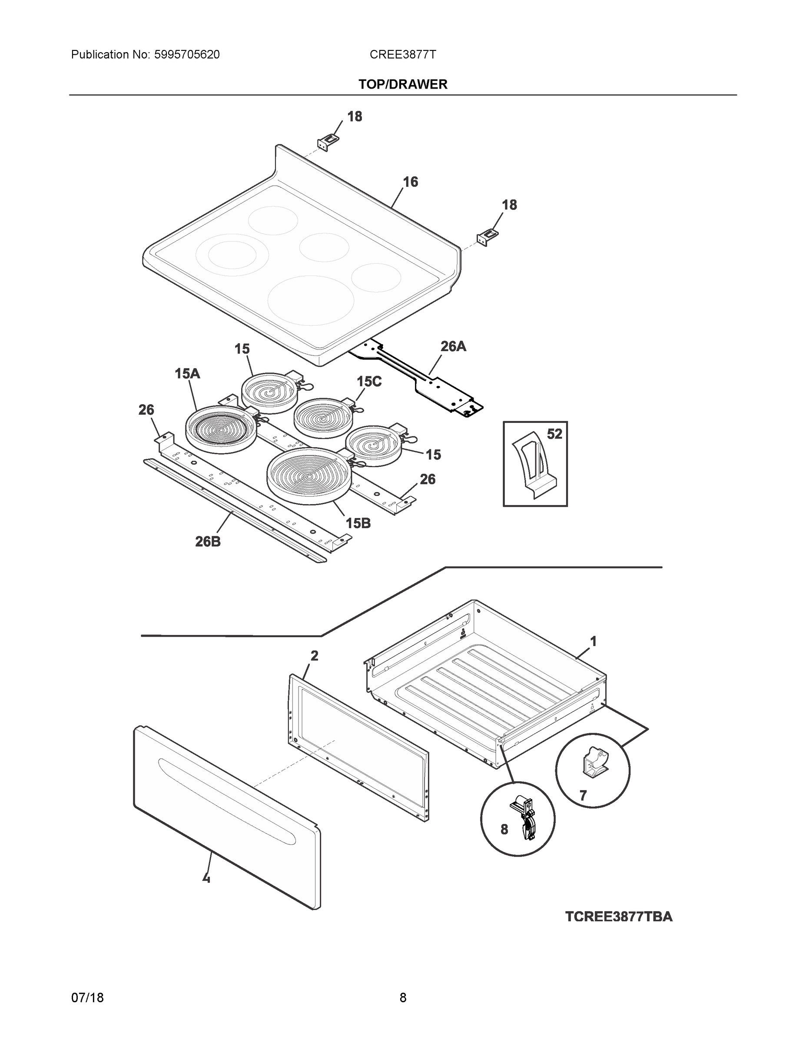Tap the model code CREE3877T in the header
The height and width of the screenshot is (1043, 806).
402,55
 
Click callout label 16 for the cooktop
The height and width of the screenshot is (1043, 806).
410,182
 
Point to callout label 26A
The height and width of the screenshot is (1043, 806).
453,346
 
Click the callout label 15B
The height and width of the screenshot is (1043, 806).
358,523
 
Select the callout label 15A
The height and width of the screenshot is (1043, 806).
187,374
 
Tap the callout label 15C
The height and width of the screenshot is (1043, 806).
369,382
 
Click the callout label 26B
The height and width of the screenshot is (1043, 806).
208,541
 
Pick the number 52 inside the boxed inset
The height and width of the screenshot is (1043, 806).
554,434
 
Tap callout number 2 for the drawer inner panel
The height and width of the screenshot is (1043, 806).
314,656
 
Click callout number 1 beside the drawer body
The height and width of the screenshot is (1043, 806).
593,642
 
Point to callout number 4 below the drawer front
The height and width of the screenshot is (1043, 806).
206,877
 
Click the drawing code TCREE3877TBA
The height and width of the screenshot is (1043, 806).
618,917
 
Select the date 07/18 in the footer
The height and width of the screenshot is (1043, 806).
87,998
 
